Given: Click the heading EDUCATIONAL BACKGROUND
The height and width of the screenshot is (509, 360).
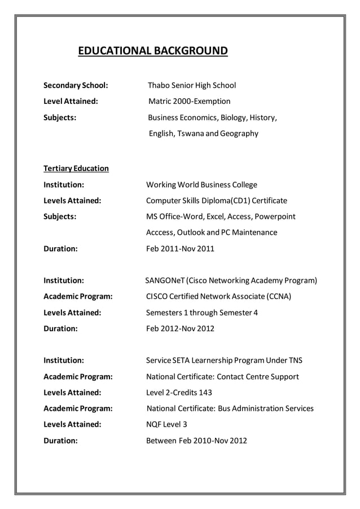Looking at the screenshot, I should click(x=152, y=52).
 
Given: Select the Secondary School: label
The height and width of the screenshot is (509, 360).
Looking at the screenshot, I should click(x=76, y=86).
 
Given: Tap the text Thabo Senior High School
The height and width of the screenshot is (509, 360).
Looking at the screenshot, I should click(x=192, y=86).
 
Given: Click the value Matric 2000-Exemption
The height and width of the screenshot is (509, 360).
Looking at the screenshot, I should click(x=189, y=102).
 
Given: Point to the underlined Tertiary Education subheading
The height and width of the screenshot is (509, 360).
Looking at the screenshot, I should click(x=76, y=169).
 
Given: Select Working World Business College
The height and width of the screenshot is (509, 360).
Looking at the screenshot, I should click(x=201, y=185).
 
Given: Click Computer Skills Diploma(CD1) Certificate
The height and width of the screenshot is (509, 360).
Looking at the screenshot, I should click(x=217, y=200).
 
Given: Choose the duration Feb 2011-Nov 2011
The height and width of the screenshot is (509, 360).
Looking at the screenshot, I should click(x=180, y=248).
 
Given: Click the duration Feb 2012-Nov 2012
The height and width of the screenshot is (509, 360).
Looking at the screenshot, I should click(x=180, y=328).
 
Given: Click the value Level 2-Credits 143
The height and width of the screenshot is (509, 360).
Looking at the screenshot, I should click(x=183, y=392).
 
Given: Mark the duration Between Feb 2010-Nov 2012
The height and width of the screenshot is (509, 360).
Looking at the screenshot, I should click(x=196, y=440).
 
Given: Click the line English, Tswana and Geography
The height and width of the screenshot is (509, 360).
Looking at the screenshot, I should click(x=203, y=134).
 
